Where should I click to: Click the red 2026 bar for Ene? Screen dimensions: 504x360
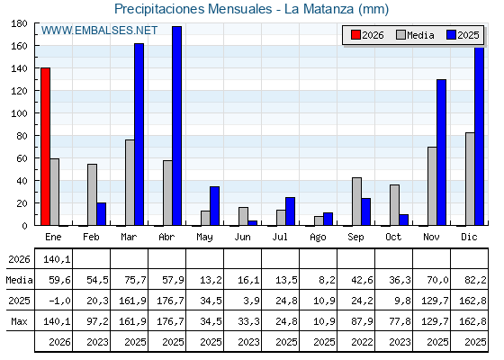pos(45,147)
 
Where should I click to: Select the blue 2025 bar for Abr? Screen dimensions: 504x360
pos(176,126)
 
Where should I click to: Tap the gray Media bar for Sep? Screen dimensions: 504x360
pos(356,202)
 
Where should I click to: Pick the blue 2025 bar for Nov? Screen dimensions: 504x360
pos(441,152)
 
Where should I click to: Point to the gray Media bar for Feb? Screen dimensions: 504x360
pos(92,194)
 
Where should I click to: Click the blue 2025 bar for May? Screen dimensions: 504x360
pos(215,206)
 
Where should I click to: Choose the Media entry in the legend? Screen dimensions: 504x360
pos(415,35)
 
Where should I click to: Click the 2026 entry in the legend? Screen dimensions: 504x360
pos(368,35)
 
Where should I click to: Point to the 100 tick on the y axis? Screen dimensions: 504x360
pos(19,113)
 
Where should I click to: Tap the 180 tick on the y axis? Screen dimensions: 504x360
pos(19,23)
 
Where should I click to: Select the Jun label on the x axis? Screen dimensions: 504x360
pos(242,238)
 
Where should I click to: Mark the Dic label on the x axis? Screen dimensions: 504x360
pos(469,238)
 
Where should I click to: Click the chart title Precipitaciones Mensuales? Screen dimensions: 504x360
pos(193,9)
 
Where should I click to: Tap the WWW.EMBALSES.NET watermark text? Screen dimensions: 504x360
pos(99,31)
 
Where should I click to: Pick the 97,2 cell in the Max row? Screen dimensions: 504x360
pos(98,321)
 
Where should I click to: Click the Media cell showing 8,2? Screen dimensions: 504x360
pos(328,280)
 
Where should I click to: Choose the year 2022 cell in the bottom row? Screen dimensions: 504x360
pos(362,342)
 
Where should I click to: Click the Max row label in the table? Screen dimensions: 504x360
pos(19,321)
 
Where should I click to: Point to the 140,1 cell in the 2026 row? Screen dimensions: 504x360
pos(57,259)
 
